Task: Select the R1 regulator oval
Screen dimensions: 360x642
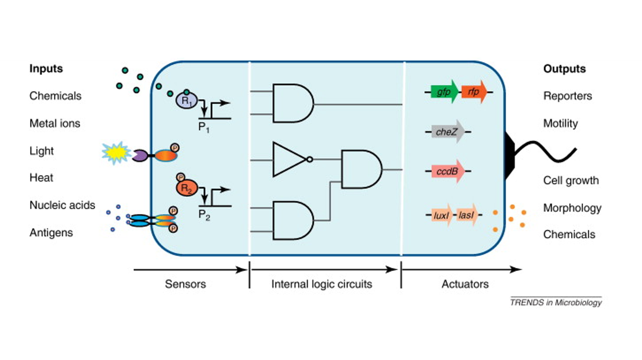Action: (186, 101)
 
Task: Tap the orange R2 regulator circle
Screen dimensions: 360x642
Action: (187, 188)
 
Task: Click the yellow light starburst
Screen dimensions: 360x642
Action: (116, 153)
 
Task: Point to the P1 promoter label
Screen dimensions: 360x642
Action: (204, 127)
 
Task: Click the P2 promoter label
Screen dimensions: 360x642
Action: (204, 215)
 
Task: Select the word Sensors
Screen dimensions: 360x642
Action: (185, 284)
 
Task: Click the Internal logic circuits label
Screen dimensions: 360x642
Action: (321, 284)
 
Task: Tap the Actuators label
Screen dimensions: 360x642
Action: (465, 284)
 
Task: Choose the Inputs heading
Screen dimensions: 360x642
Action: (46, 68)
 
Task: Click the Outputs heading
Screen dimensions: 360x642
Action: (564, 69)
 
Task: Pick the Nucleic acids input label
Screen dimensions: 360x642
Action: (62, 205)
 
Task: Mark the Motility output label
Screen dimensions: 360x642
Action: (560, 123)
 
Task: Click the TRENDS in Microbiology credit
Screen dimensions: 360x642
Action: (556, 302)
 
